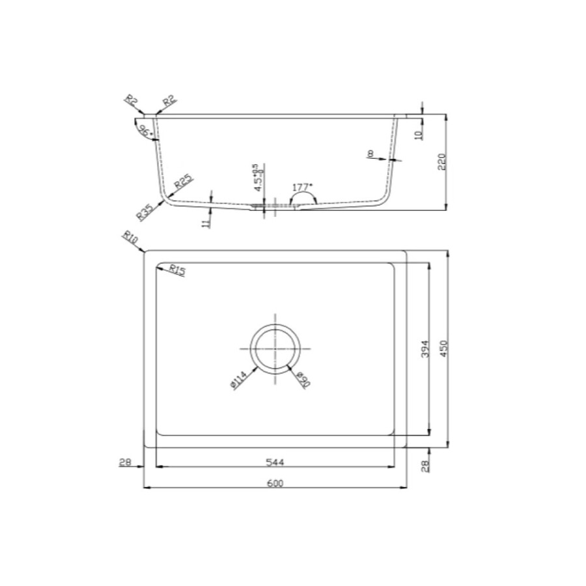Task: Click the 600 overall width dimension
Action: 275,482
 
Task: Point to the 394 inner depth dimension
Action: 423,349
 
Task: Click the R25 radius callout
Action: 182,184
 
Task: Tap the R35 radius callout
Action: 145,210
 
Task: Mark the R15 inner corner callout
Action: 176,270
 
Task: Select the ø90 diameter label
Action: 303,380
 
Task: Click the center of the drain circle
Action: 276,349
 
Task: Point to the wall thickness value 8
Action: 370,154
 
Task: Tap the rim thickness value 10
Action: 419,134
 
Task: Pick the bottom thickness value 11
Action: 205,223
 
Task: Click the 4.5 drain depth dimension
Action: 257,178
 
